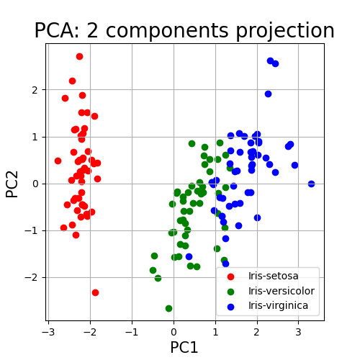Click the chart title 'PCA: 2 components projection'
pyautogui.click(x=184, y=31)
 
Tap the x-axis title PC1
pyautogui.click(x=184, y=347)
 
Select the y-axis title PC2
pyautogui.click(x=12, y=184)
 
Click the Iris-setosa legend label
pyautogui.click(x=274, y=276)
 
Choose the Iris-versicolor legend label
pyautogui.click(x=282, y=291)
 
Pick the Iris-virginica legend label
pyautogui.click(x=278, y=306)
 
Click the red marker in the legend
pyautogui.click(x=230, y=276)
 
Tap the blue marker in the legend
pyautogui.click(x=230, y=307)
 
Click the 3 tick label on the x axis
pyautogui.click(x=298, y=332)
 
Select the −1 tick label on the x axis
pyautogui.click(x=132, y=332)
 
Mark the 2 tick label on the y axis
pyautogui.click(x=35, y=90)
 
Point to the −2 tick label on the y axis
pyautogui.click(x=32, y=278)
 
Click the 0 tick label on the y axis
pyautogui.click(x=35, y=184)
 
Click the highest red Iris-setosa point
pyautogui.click(x=79, y=57)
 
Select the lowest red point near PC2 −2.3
pyautogui.click(x=95, y=292)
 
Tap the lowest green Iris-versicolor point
pyautogui.click(x=168, y=308)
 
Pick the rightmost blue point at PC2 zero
pyautogui.click(x=311, y=184)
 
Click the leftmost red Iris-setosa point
pyautogui.click(x=58, y=161)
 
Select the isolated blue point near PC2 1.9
pyautogui.click(x=268, y=94)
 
